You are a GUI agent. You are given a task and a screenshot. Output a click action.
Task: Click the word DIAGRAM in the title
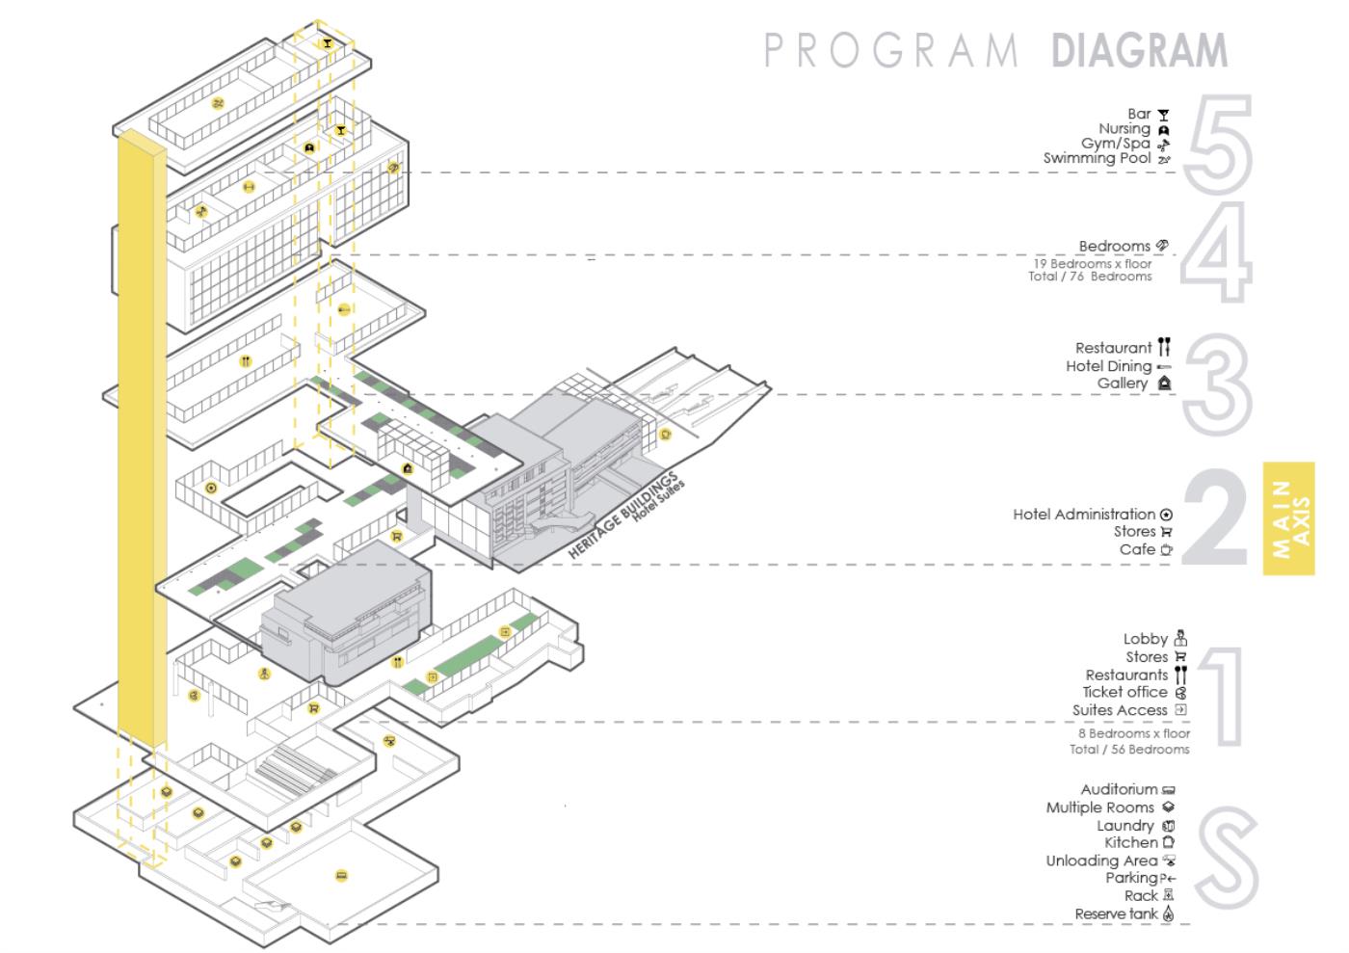(x=1139, y=51)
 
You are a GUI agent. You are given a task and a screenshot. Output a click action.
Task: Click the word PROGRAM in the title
(x=891, y=51)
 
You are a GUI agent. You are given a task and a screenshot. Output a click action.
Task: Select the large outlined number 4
(x=1217, y=253)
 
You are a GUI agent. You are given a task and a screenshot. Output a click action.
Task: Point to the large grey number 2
(x=1215, y=517)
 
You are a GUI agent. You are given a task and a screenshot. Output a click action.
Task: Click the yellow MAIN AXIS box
(x=1288, y=518)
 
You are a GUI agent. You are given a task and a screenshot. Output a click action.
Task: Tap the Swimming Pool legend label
(x=1097, y=158)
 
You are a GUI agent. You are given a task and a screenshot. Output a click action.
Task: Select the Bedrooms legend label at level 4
(x=1114, y=247)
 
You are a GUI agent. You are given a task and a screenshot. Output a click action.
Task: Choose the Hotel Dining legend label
(x=1108, y=366)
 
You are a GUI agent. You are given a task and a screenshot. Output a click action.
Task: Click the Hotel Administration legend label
(x=1083, y=515)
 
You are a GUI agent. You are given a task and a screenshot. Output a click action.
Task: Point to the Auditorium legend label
(x=1119, y=789)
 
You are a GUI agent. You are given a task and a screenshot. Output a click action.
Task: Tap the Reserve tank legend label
(x=1116, y=913)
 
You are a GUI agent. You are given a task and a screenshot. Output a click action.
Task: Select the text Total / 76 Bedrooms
(x=1090, y=277)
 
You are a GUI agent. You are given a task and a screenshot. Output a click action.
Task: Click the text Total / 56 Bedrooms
(x=1129, y=750)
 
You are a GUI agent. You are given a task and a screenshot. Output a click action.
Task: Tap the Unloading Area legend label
(x=1101, y=860)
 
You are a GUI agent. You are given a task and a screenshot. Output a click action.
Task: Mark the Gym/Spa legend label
(x=1116, y=144)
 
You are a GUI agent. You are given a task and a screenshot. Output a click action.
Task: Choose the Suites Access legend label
(x=1120, y=710)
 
